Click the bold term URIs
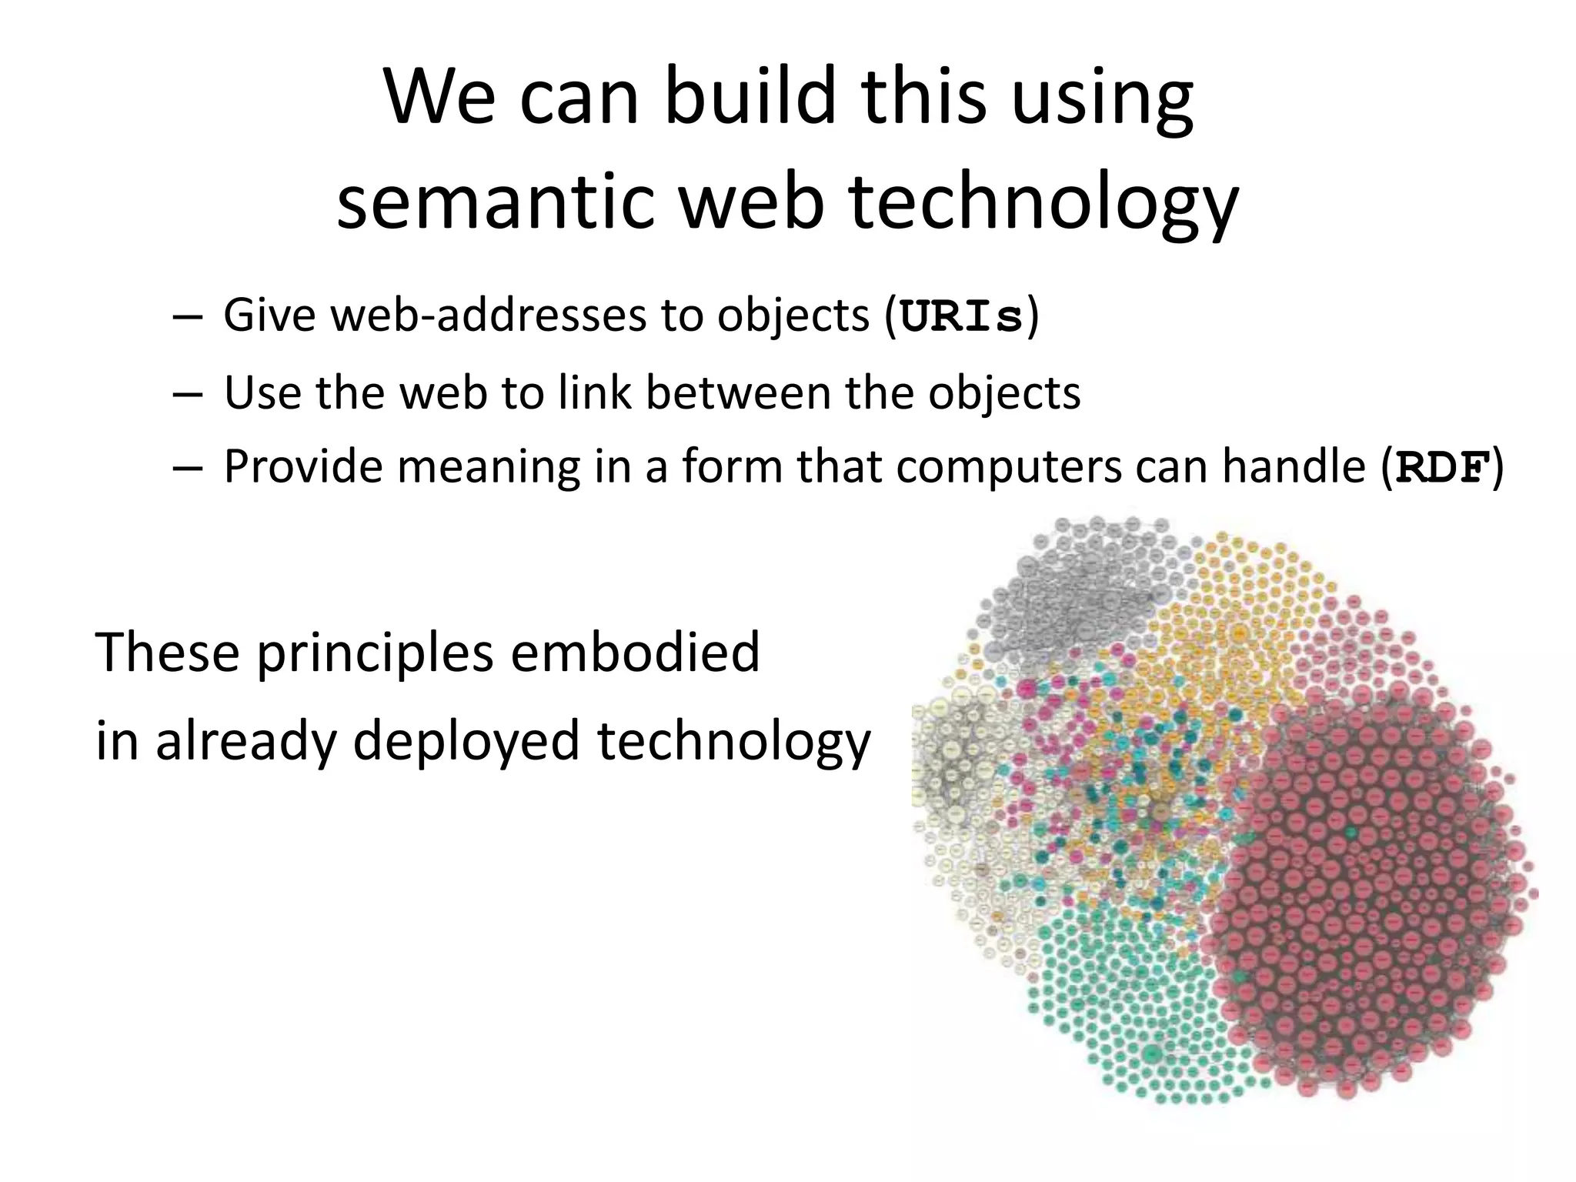click(961, 316)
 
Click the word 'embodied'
click(635, 651)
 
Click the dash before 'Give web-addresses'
click(188, 316)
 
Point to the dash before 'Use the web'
click(188, 393)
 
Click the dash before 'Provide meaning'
click(188, 468)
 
